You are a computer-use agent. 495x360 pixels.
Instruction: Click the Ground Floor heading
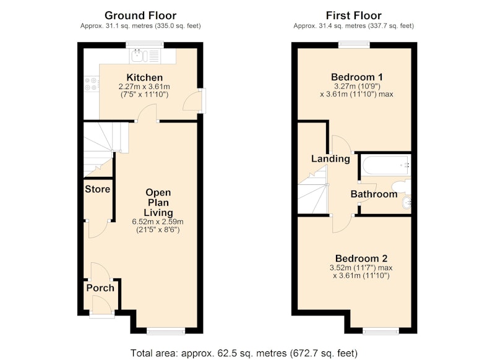140,15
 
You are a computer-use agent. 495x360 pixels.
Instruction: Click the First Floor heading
353,15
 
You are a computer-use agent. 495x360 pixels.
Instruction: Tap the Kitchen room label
145,77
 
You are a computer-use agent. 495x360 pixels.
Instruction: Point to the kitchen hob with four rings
91,84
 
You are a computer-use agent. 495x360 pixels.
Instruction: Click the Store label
98,189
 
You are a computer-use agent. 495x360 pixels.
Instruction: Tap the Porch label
100,288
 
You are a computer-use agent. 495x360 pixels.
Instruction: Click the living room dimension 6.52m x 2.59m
158,221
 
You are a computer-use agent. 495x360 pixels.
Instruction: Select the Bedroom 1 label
357,77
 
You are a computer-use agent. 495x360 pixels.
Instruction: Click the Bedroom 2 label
361,259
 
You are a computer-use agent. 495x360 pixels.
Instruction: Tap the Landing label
330,158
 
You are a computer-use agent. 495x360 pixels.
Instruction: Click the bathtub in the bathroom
385,165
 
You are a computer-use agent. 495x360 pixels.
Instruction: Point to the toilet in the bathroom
402,186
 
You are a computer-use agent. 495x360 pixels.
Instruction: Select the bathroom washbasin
407,202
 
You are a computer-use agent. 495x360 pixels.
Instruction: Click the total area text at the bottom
244,353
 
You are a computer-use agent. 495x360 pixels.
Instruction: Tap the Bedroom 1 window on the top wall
354,45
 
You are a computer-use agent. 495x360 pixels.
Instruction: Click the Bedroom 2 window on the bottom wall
381,331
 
